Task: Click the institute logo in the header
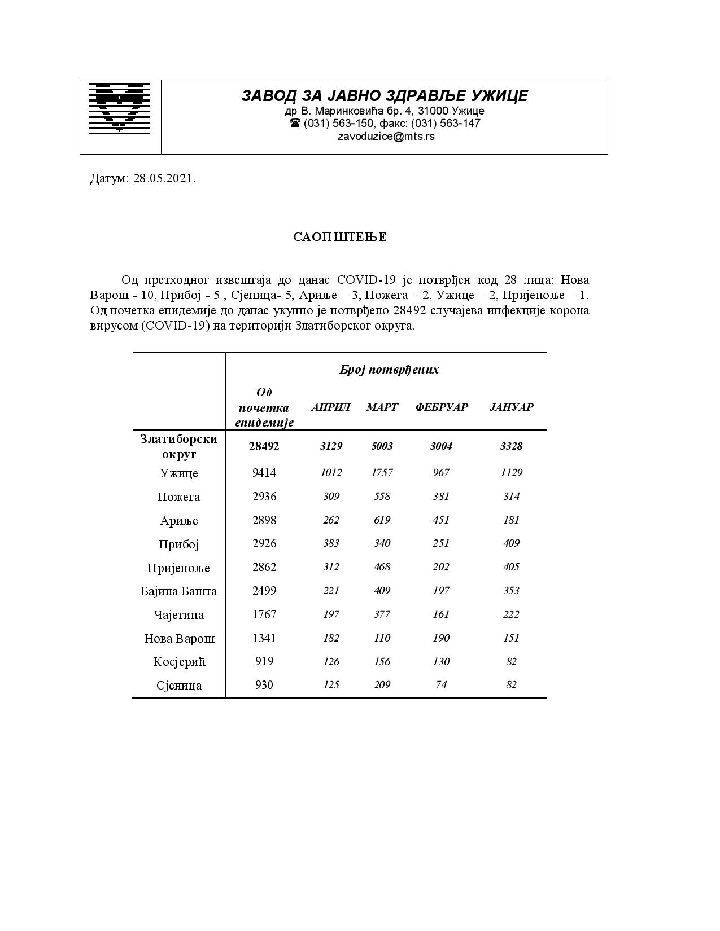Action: (120, 108)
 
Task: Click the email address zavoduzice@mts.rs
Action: (386, 136)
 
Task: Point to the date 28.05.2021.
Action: (164, 179)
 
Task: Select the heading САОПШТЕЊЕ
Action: (339, 237)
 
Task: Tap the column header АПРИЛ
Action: (331, 407)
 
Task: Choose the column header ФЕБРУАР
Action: (442, 407)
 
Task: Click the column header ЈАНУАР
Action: (511, 407)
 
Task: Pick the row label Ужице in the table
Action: (179, 473)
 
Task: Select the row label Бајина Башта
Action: (179, 591)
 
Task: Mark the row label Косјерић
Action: (179, 662)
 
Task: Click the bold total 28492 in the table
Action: (264, 446)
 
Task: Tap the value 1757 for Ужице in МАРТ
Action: (382, 473)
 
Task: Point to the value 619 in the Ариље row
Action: (382, 520)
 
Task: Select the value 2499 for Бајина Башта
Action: (264, 591)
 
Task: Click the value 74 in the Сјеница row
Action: (441, 685)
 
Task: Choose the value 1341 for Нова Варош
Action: (264, 638)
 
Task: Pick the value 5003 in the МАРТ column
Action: (382, 446)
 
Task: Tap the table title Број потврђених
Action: (389, 370)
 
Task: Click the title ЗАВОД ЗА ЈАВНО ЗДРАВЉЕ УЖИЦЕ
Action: (385, 96)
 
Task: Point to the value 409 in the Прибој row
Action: (511, 543)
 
